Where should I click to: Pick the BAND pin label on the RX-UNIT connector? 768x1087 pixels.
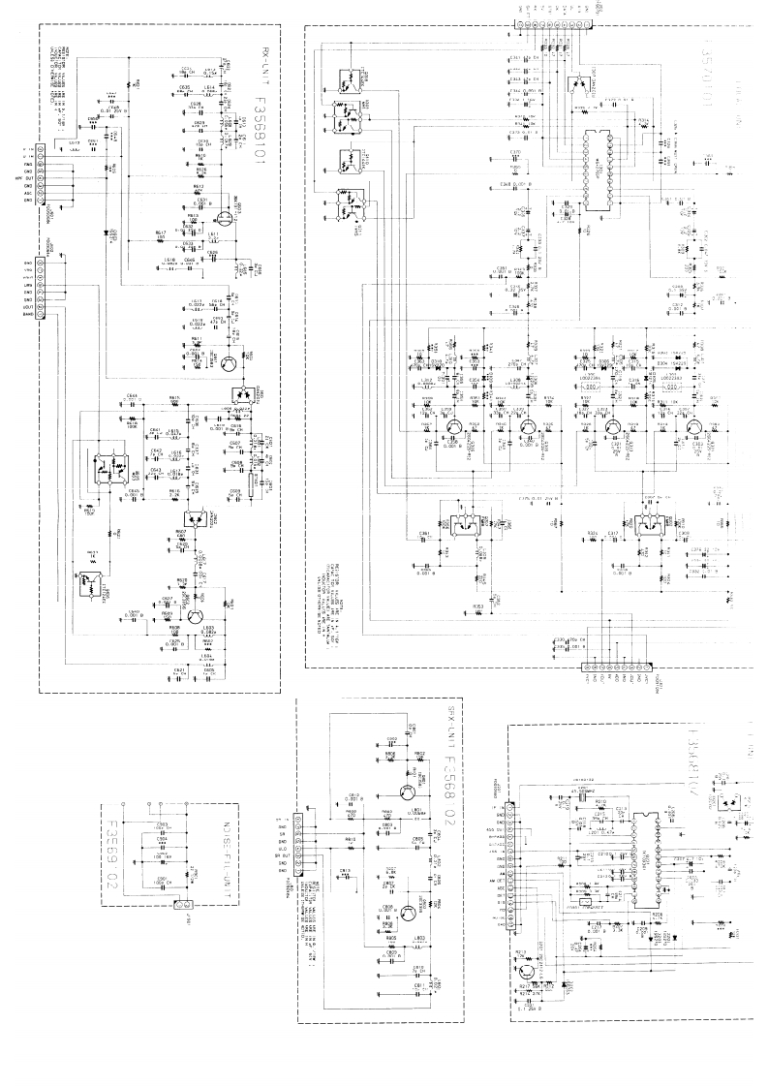[x=28, y=314]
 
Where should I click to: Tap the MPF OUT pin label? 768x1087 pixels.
[x=26, y=178]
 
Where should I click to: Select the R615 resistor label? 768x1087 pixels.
[x=147, y=397]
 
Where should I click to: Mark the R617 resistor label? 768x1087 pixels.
[x=160, y=233]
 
